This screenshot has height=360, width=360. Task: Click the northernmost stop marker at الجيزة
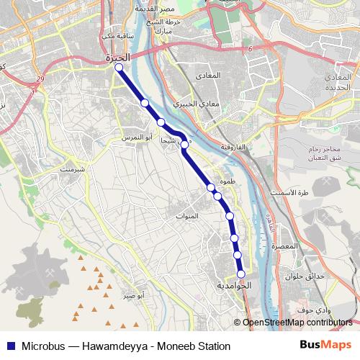[x=119, y=68]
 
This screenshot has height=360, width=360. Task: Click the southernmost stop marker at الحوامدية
[x=241, y=273]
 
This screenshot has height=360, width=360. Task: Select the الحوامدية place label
[x=234, y=286]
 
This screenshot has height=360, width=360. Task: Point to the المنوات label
[x=186, y=216]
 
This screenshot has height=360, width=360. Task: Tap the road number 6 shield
[x=251, y=49]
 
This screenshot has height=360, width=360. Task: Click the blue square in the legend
[x=9, y=346]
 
